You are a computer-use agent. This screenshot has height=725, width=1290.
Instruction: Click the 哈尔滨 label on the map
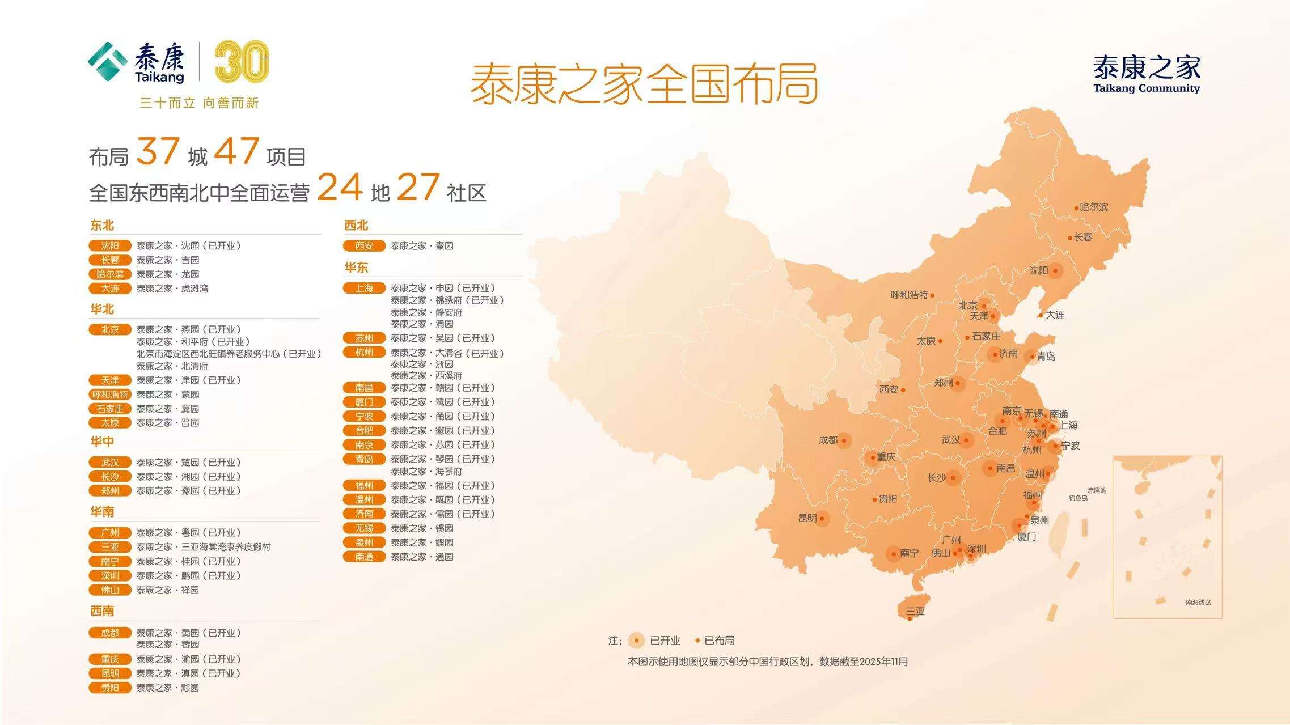[x=1093, y=207]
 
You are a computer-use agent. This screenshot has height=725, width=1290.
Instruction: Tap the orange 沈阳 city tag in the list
[x=110, y=245]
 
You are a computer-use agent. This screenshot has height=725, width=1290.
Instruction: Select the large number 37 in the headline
[x=158, y=152]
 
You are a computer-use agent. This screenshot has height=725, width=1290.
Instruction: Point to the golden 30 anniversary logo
[x=242, y=62]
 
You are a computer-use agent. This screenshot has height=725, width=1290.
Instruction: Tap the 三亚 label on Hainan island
[x=915, y=611]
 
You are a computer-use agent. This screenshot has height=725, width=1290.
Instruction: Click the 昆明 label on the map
[x=807, y=518]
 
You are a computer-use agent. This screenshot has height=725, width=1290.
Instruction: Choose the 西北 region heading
[x=356, y=225]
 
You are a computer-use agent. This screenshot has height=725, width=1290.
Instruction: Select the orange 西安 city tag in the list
[x=364, y=245]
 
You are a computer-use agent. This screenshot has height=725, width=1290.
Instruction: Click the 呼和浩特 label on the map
[x=909, y=295]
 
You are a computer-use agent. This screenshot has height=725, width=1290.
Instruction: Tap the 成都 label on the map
[x=828, y=440]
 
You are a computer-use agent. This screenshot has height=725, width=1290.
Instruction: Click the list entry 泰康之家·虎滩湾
[x=172, y=289]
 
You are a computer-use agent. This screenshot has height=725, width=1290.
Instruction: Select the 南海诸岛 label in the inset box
[x=1198, y=602]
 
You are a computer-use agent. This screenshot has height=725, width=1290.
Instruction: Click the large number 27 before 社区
[x=418, y=188]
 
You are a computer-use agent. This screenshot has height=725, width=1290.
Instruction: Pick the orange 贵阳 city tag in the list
[x=110, y=688]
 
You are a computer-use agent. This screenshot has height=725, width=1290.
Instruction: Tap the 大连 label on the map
[x=1055, y=315]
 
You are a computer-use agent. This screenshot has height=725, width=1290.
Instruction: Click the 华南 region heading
[x=102, y=512]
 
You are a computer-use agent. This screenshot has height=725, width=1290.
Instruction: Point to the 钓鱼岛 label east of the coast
[x=1078, y=498]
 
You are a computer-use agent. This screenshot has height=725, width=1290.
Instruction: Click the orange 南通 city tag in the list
[x=364, y=557]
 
